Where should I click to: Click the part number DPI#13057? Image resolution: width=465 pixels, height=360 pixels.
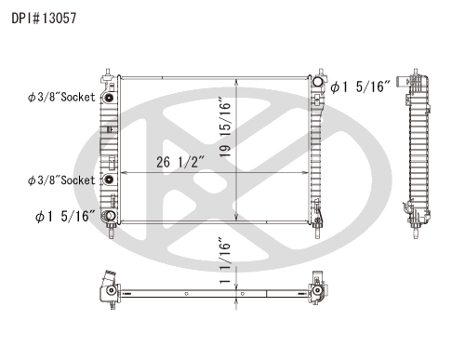(x=44, y=19)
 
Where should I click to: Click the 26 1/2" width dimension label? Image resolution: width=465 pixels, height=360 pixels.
(x=180, y=162)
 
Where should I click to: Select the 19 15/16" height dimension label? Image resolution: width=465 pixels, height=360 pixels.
(x=225, y=127)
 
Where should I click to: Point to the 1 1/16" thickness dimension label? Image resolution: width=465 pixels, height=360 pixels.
(x=225, y=260)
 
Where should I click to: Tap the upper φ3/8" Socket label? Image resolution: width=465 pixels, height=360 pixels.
(x=61, y=97)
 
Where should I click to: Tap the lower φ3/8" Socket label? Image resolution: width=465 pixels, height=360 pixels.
(x=61, y=180)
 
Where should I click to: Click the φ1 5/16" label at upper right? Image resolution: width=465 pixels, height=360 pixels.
(x=360, y=87)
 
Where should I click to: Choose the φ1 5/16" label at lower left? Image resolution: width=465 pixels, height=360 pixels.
(x=65, y=216)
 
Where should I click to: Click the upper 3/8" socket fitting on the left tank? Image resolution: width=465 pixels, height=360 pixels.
(x=109, y=98)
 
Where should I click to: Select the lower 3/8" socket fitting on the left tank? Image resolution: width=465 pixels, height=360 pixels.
(x=109, y=180)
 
